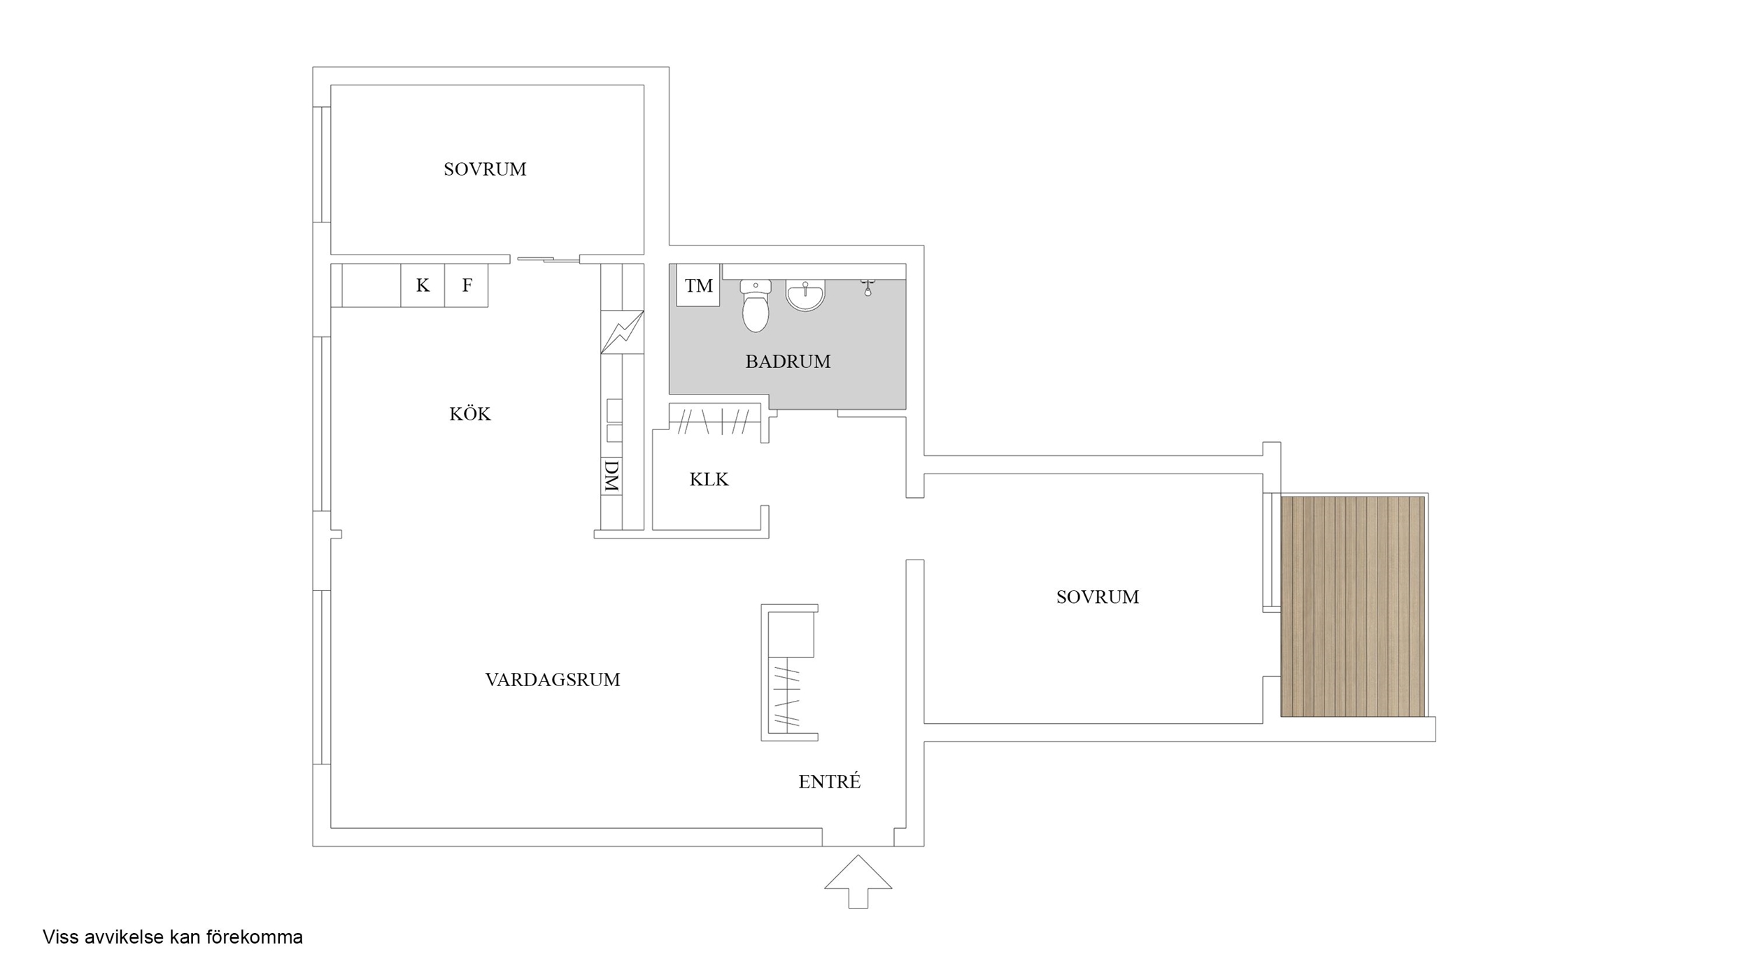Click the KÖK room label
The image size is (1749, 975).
click(x=470, y=414)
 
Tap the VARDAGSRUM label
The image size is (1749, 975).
click(x=553, y=680)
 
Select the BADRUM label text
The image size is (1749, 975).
click(x=788, y=362)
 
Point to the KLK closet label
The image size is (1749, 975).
click(x=709, y=479)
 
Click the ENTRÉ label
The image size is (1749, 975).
click(x=830, y=781)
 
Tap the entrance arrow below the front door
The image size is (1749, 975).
click(x=858, y=881)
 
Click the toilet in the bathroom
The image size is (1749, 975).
click(x=756, y=306)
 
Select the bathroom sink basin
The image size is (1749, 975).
click(x=805, y=294)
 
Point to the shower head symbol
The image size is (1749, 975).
click(x=868, y=287)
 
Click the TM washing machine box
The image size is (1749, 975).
click(x=698, y=285)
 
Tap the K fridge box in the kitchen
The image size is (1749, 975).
click(x=423, y=285)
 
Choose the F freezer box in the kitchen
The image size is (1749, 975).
click(x=467, y=285)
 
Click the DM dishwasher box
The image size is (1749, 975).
click(x=611, y=476)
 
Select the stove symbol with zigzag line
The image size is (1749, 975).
click(x=622, y=332)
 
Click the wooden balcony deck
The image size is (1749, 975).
click(x=1353, y=606)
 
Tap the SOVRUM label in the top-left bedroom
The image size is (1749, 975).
click(x=485, y=169)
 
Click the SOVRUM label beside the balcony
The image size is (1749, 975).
click(x=1098, y=597)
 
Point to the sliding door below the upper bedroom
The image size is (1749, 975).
click(x=548, y=260)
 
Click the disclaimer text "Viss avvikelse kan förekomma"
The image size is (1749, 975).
click(x=173, y=937)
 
